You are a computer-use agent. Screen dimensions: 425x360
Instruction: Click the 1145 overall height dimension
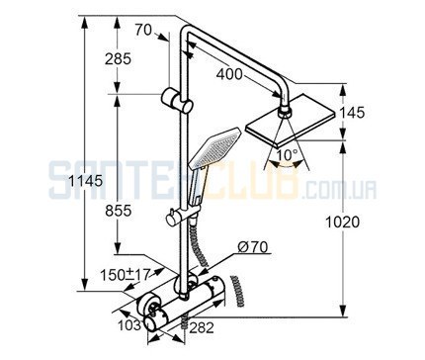[x=86, y=181]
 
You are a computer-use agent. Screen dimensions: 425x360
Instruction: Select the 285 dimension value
[x=118, y=59]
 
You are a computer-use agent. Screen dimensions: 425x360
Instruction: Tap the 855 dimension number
[x=119, y=211]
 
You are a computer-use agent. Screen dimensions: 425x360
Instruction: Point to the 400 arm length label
[x=229, y=74]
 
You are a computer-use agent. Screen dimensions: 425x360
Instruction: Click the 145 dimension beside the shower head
[x=352, y=113]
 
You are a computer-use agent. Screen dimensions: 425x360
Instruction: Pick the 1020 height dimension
[x=343, y=223]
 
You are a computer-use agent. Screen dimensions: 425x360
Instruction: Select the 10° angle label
[x=287, y=155]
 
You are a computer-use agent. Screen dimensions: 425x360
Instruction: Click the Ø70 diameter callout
[x=253, y=247]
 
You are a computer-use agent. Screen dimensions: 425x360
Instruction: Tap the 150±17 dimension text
[x=125, y=274]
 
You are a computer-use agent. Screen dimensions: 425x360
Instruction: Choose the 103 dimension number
[x=129, y=325]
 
